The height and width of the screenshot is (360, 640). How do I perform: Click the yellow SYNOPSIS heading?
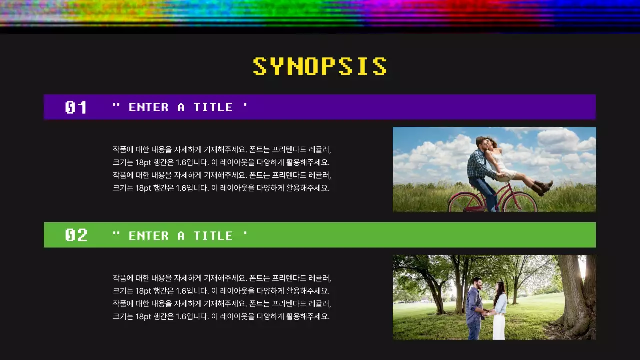pyautogui.click(x=320, y=67)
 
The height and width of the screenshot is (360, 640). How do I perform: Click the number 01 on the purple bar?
pyautogui.click(x=76, y=107)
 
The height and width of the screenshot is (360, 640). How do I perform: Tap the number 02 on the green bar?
pyautogui.click(x=76, y=235)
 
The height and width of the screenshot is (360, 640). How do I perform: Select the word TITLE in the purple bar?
pyautogui.click(x=213, y=107)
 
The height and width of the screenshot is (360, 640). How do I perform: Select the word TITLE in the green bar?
pyautogui.click(x=213, y=236)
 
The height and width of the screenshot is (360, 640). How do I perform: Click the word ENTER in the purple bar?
pyautogui.click(x=149, y=107)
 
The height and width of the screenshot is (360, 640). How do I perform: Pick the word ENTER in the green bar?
pyautogui.click(x=149, y=236)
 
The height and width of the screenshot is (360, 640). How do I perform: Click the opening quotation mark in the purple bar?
pyautogui.click(x=116, y=105)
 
